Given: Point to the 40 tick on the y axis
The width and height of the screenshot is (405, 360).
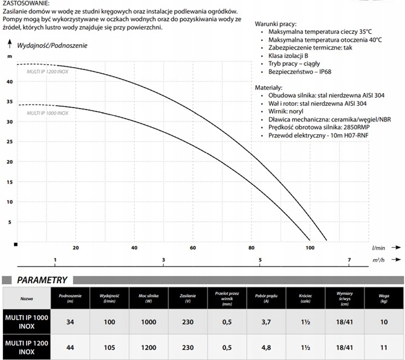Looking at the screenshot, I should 9,82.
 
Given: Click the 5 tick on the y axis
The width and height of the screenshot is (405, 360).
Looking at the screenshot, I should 10,222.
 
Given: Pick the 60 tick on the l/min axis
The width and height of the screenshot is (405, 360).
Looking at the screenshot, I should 193,248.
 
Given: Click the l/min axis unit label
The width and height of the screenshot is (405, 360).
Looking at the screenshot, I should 379,248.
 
